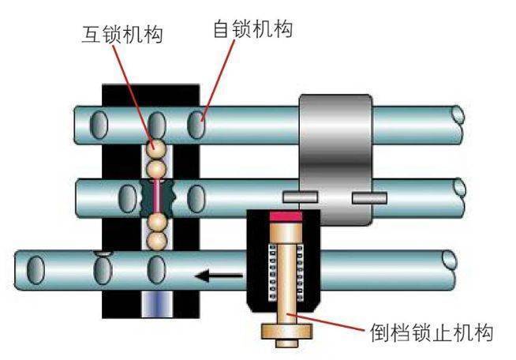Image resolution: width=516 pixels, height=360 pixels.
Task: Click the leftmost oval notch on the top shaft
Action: pyautogui.click(x=100, y=125)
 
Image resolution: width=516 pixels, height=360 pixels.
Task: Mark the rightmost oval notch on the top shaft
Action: pyautogui.click(x=195, y=125)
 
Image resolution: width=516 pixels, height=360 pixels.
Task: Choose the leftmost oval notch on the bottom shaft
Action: pyautogui.click(x=36, y=269)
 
